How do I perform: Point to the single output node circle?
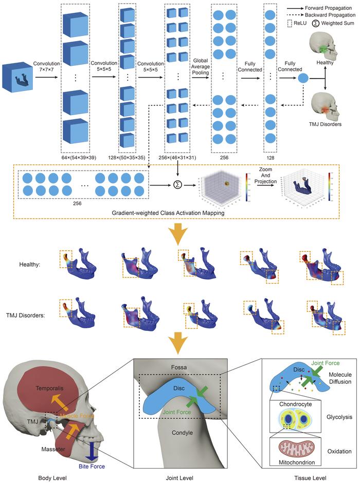303,79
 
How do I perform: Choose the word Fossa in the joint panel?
178,367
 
